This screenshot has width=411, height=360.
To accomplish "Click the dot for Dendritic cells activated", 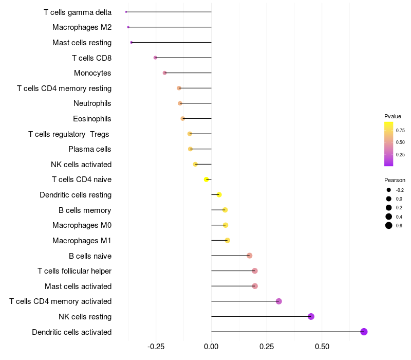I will pyautogui.click(x=364, y=332).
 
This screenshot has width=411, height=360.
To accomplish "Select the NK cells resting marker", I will pyautogui.click(x=311, y=316).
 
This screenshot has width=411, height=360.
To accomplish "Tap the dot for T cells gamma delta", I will pyautogui.click(x=126, y=12).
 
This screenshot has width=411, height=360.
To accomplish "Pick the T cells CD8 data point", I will pyautogui.click(x=156, y=58).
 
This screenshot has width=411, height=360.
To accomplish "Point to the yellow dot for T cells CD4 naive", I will pyautogui.click(x=207, y=179).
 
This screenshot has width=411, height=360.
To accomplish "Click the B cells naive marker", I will pyautogui.click(x=249, y=256).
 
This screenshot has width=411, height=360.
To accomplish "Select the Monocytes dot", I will pyautogui.click(x=164, y=73).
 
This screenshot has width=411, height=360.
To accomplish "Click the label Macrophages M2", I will pyautogui.click(x=82, y=27).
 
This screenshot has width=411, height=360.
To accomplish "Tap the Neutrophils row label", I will pyautogui.click(x=92, y=103).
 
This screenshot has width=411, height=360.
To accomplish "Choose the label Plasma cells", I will pyautogui.click(x=90, y=149).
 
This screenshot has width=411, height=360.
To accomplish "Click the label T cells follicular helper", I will pyautogui.click(x=74, y=271).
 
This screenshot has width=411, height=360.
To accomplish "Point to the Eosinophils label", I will pyautogui.click(x=92, y=119).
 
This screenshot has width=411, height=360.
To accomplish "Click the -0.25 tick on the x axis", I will pyautogui.click(x=156, y=347).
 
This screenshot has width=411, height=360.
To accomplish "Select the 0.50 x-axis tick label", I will pyautogui.click(x=322, y=347).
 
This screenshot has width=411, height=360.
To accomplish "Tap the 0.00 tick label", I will pyautogui.click(x=212, y=347).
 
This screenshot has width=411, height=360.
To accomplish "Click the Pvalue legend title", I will pyautogui.click(x=393, y=116).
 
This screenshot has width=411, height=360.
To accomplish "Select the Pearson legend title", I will pyautogui.click(x=395, y=181).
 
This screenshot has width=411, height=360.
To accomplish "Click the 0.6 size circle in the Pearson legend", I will pyautogui.click(x=389, y=225).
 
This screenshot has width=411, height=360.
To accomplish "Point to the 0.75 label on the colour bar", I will pyautogui.click(x=400, y=130).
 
